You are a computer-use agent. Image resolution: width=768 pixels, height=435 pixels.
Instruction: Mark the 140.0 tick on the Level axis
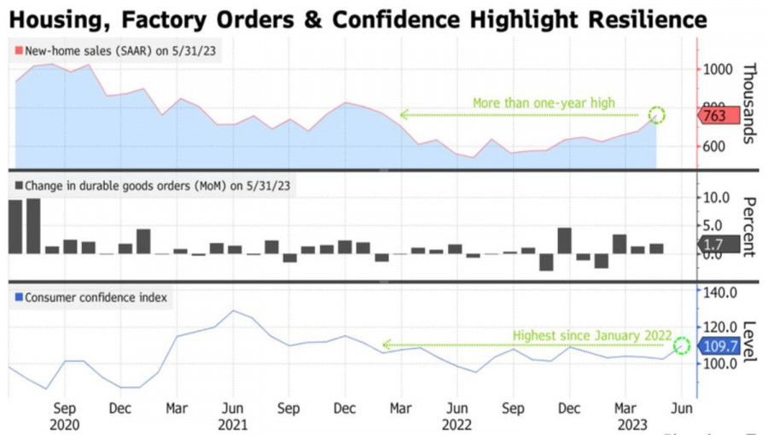(718, 293)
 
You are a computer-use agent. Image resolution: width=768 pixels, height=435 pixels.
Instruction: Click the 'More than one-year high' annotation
(544, 103)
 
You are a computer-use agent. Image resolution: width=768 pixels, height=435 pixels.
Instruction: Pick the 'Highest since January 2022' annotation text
(591, 335)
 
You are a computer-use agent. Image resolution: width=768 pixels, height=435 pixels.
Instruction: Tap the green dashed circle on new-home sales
(656, 115)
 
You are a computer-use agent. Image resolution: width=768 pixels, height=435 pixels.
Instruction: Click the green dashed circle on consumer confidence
(681, 345)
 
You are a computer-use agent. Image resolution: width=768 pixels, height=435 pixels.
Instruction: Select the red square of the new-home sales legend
(19, 51)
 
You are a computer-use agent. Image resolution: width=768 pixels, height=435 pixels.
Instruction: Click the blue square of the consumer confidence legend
(19, 298)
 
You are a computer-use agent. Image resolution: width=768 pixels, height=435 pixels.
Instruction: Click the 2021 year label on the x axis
(233, 424)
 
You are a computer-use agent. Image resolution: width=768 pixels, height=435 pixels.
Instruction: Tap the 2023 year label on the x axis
(634, 424)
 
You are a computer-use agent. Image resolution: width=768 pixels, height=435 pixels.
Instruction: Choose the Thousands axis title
(749, 103)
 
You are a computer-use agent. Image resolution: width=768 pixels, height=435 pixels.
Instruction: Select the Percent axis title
(749, 226)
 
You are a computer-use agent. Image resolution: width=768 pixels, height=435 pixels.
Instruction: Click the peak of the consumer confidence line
(233, 310)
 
